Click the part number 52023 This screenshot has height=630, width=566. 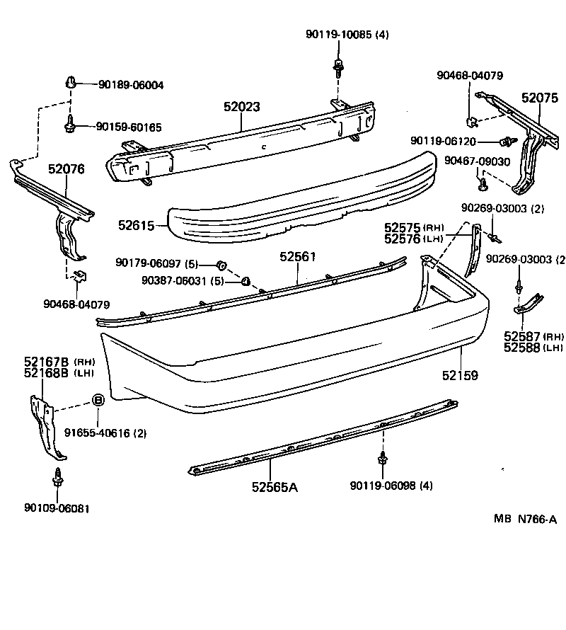242,107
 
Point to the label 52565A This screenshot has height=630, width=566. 275,487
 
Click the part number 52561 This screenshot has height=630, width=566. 297,256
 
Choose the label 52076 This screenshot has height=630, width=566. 67,169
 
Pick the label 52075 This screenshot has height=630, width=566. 540,98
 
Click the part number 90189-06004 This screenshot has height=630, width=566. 131,85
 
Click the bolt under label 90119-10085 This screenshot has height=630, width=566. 337,68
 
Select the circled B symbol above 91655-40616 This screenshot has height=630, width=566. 99,401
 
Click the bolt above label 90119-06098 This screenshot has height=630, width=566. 382,459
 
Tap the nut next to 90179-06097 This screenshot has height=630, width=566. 220,265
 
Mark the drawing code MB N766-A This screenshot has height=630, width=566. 525,519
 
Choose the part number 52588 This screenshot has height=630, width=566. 523,348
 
